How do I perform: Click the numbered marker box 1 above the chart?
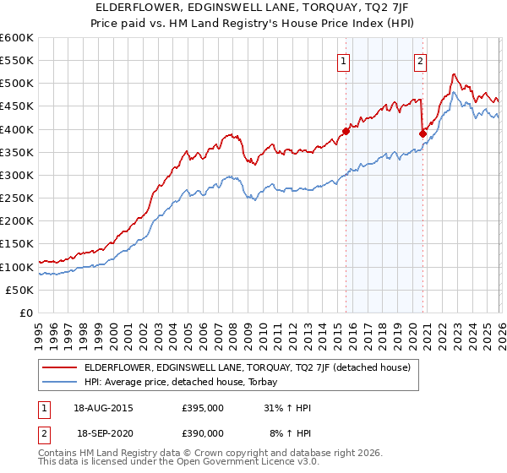coord(344,60)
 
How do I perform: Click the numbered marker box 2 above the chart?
coord(420,60)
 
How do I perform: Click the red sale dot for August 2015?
coord(346,131)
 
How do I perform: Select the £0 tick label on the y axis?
coord(25,313)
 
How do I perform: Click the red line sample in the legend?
coord(59,367)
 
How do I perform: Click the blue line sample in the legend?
coord(59,382)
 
